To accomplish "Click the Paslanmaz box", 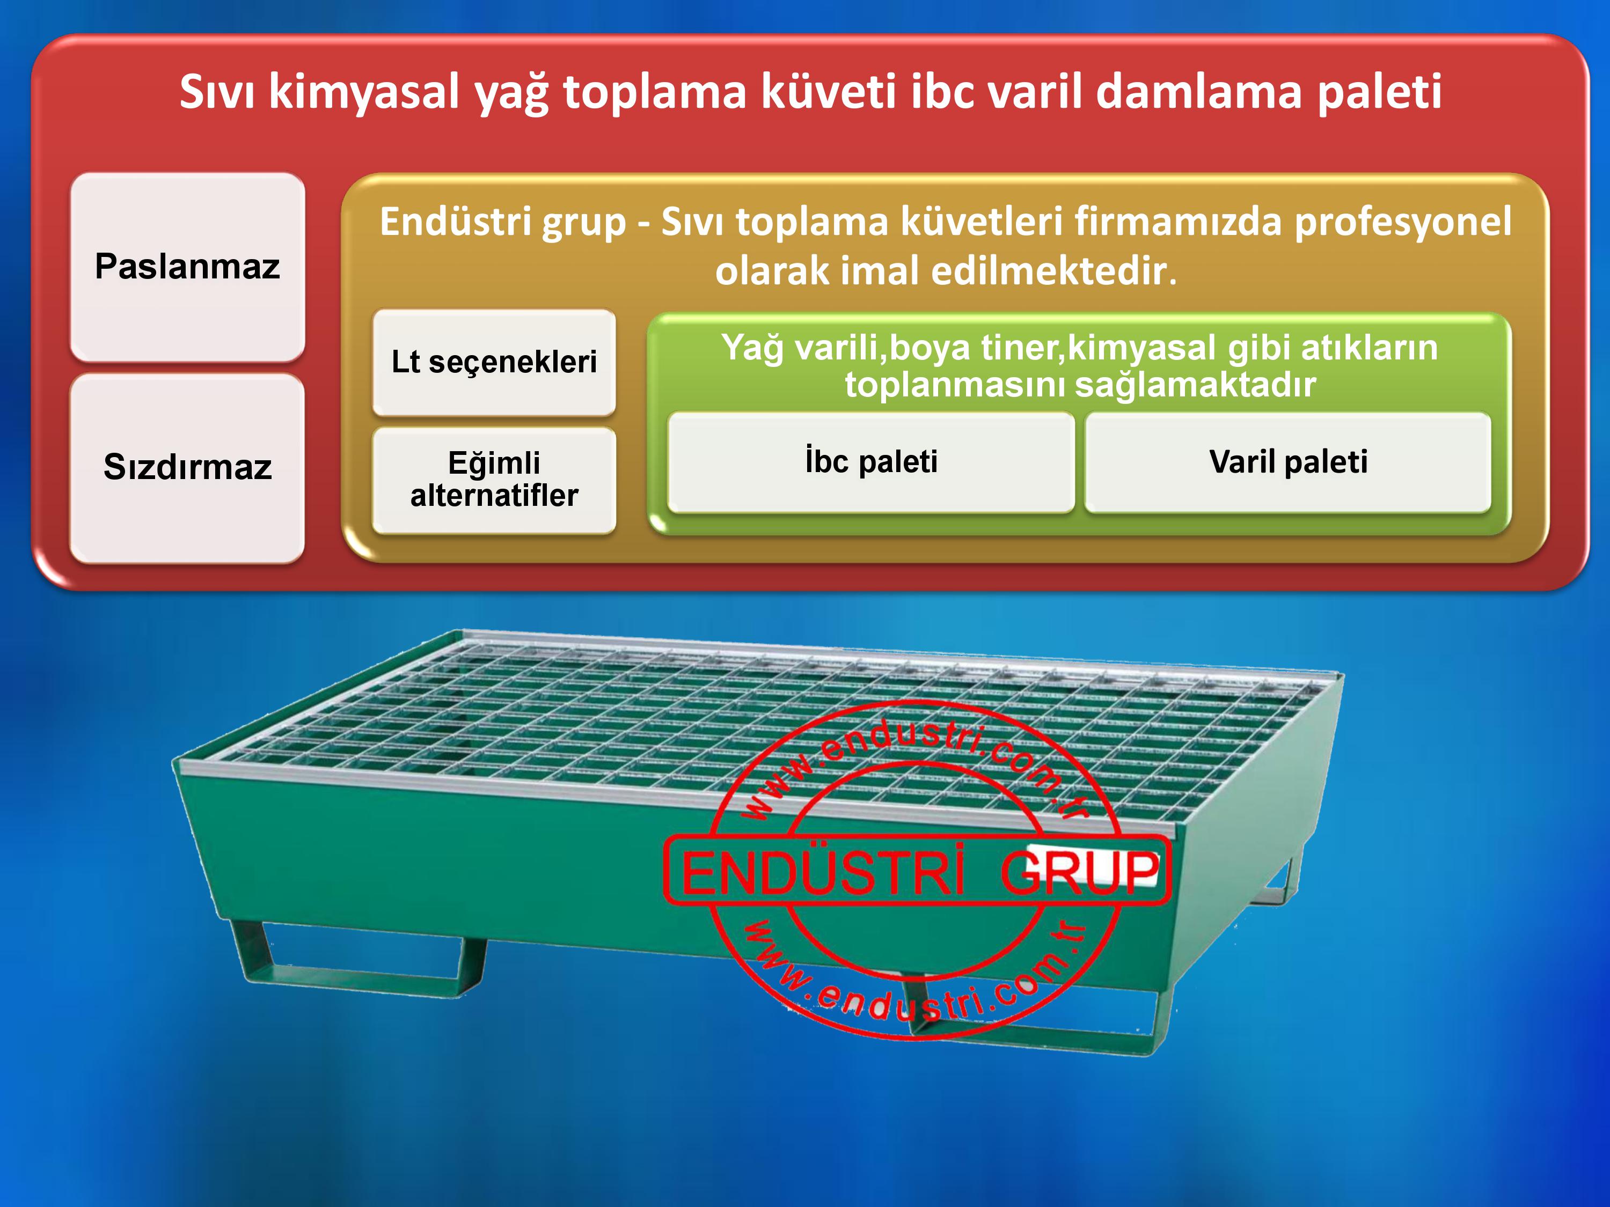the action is [x=187, y=267].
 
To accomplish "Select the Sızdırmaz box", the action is [x=187, y=468].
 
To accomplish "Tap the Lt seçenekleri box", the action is [x=494, y=362].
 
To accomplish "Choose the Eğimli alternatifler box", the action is [x=494, y=480].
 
